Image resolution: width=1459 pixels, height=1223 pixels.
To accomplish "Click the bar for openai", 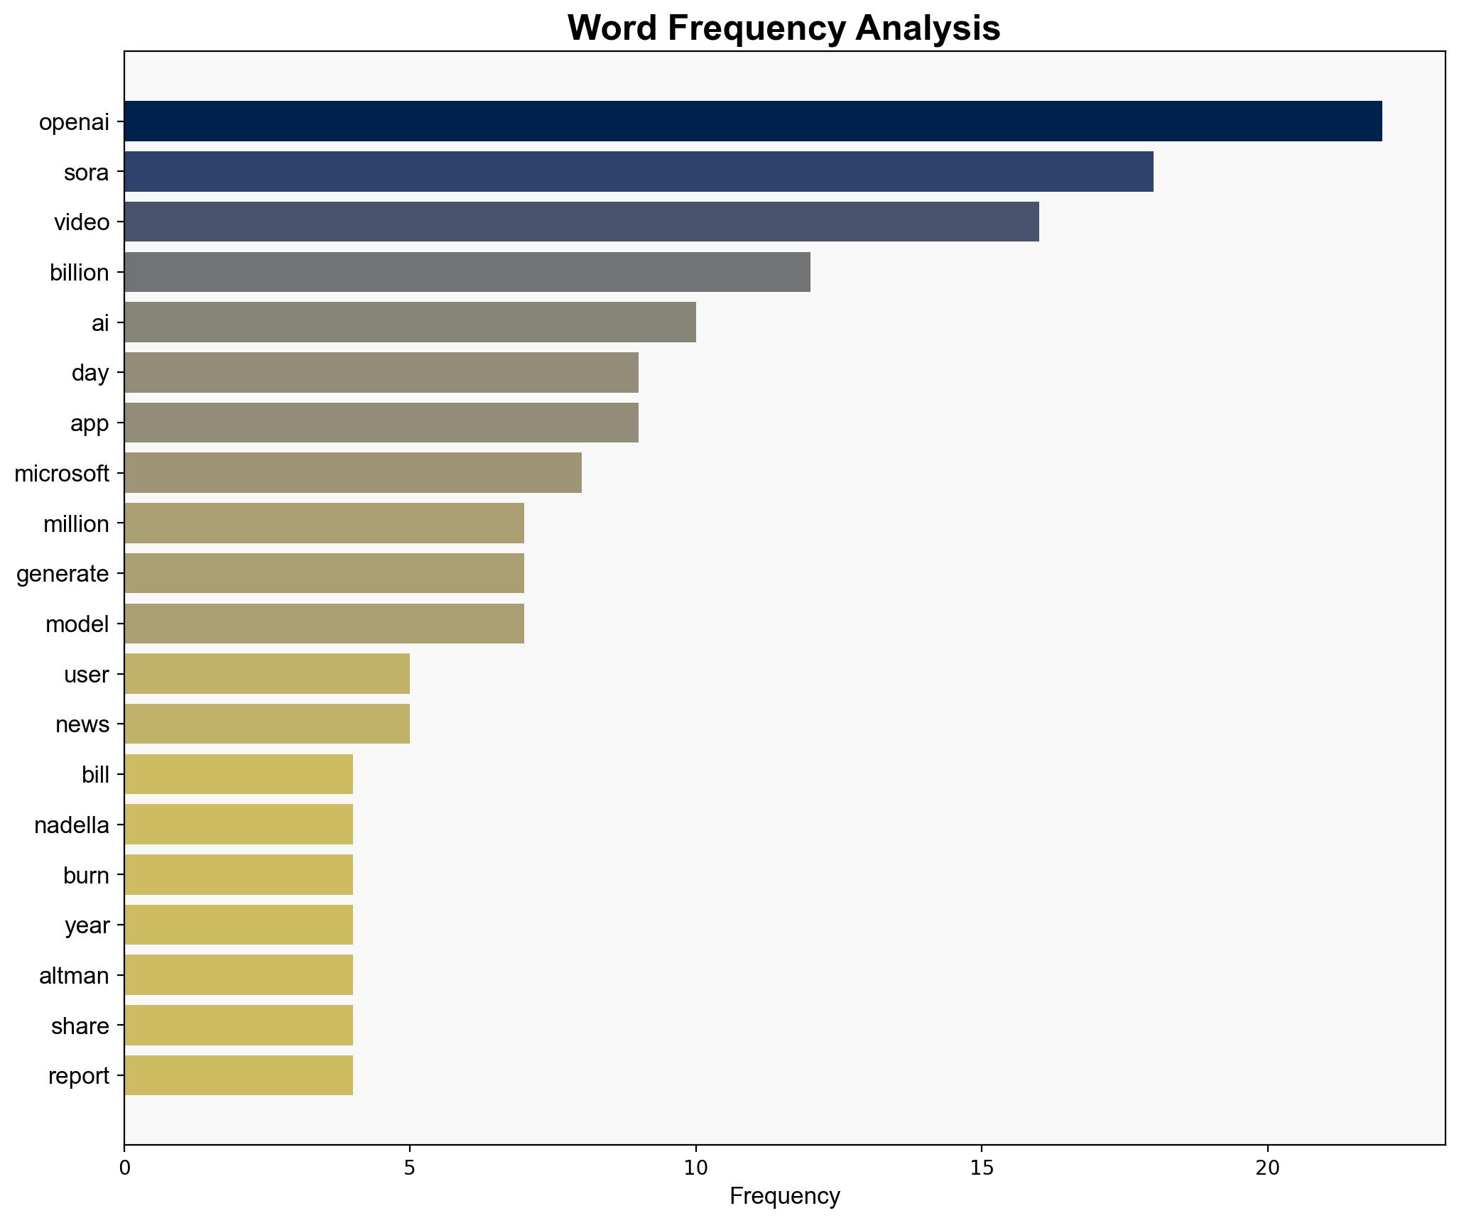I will coord(753,121).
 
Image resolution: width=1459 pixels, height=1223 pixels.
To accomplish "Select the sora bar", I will coord(639,172).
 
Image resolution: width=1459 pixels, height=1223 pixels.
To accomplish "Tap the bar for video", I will coord(581,222).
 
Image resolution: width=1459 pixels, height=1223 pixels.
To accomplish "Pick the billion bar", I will coord(467,272).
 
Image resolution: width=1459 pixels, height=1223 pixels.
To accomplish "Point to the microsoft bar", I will coord(352,473).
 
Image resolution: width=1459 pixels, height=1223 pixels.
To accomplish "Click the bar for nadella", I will coord(238,825).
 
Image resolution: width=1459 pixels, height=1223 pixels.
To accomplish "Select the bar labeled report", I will coord(238,1076).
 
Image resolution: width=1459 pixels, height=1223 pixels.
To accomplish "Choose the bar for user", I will coord(267,674).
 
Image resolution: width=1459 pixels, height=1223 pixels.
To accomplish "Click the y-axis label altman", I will coord(74,976).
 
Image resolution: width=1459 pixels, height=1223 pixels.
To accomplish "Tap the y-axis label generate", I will coord(63,574).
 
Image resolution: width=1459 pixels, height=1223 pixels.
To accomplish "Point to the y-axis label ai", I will coord(100,323).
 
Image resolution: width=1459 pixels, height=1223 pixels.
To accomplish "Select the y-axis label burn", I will coord(86,876).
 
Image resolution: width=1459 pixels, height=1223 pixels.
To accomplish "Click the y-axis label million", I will coord(76,524).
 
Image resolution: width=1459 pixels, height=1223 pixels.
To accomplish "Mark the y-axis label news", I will coord(82,724).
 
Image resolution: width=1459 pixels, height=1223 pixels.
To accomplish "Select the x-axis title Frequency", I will coord(784,1197).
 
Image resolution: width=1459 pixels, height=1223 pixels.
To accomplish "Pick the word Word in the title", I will coord(611,28).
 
